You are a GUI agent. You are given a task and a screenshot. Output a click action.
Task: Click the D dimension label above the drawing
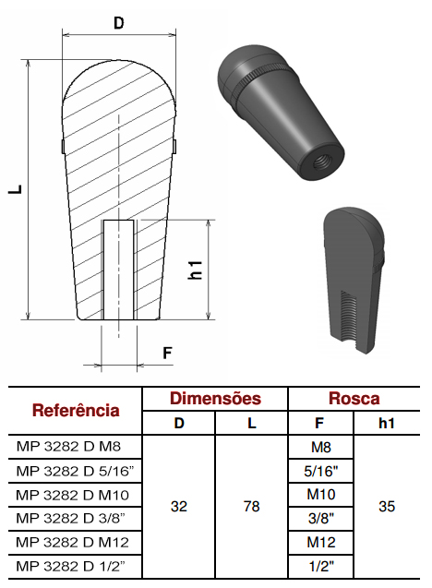[x=118, y=23]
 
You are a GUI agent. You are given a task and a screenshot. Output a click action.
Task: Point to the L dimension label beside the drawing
[x=16, y=189]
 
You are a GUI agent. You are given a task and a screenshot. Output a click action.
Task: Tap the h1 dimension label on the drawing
[x=195, y=270]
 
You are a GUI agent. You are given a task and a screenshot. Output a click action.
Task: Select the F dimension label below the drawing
[x=167, y=353]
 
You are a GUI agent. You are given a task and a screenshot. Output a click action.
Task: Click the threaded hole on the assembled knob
[x=321, y=162]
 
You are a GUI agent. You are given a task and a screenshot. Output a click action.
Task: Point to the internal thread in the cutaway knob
[x=349, y=317]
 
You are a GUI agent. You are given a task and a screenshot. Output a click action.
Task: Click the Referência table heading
[x=76, y=410]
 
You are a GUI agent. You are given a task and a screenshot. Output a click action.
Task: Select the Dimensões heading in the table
[x=215, y=398]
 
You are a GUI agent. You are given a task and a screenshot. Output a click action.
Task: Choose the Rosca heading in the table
[x=354, y=398]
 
